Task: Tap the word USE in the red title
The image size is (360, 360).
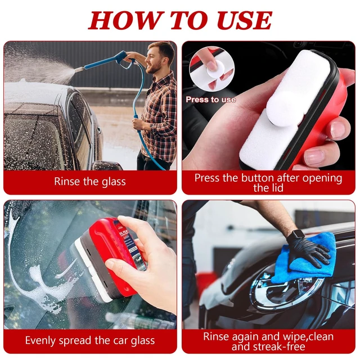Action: pos(245,20)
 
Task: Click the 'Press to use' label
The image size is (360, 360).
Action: pos(211,100)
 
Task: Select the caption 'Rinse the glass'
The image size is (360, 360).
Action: pos(90,181)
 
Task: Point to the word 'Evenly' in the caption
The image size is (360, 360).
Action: pos(40,340)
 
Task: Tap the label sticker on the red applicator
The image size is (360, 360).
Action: pos(128,244)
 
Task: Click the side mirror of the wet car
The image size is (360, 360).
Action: pos(107,165)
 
